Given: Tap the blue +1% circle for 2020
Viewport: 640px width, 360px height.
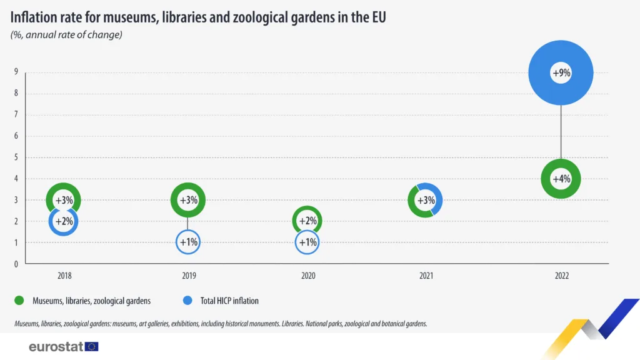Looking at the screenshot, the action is coord(307,254).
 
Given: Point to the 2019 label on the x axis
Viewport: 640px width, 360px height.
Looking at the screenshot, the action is coord(189,276).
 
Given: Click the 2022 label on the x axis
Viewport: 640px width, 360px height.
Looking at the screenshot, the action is coord(562,276).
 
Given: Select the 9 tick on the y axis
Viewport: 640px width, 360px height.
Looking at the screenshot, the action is coord(16,72).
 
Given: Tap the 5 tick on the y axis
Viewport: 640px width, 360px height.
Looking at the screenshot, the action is coord(16,157).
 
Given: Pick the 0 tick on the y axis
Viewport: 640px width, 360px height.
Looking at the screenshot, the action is coord(16,264).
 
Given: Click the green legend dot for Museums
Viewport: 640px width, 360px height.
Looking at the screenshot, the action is coord(19,301).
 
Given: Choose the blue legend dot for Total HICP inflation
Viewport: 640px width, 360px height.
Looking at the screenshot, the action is coord(187,301).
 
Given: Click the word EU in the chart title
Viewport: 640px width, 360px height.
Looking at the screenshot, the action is coord(378,17).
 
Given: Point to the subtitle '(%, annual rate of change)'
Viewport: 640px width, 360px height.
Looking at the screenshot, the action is coord(66,35).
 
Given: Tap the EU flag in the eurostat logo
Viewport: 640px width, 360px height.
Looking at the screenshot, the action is coord(92,346).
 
